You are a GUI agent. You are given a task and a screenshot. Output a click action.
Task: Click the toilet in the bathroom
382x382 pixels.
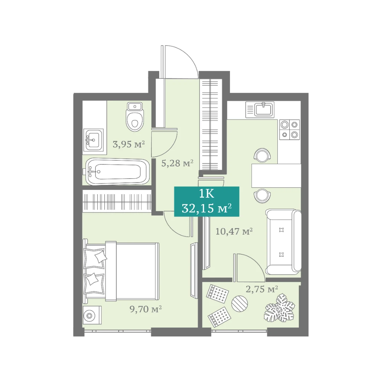coord(135,117)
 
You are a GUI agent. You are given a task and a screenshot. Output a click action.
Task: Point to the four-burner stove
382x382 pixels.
coord(289,130)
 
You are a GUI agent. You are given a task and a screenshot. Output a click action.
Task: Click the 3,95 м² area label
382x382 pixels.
coord(129,144)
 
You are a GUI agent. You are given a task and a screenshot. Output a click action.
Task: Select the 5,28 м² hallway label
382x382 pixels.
coord(177,163)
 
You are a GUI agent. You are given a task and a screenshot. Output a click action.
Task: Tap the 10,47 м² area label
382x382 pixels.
coord(234,231)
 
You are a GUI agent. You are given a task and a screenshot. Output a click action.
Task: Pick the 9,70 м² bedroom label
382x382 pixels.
coord(146,309)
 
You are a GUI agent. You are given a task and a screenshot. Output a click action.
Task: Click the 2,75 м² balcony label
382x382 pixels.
coord(262,289)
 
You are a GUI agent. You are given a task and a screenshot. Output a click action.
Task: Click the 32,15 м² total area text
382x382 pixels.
coord(207,208)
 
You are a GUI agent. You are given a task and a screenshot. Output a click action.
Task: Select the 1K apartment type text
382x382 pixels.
coord(207,194)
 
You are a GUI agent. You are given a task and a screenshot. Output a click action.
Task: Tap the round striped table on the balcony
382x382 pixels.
coord(239,303)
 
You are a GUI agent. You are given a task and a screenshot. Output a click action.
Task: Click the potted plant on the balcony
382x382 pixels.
coord(279,308)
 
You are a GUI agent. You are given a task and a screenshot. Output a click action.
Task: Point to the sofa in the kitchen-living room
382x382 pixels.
coord(283,242)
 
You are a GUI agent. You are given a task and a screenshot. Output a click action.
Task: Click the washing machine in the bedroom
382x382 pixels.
coord(92,315)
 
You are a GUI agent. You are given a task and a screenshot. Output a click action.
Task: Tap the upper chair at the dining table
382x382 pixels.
coord(262,155)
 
